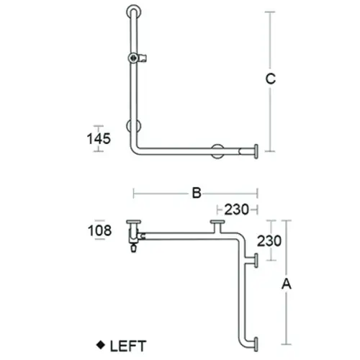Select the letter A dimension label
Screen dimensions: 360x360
pyautogui.click(x=287, y=284)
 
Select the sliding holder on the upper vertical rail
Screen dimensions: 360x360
pyautogui.click(x=135, y=57)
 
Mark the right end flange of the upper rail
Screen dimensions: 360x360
pyautogui.click(x=256, y=151)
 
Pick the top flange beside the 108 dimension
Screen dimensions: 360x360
pyautogui.click(x=132, y=223)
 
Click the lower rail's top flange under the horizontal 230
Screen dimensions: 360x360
pyautogui.click(x=216, y=226)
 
